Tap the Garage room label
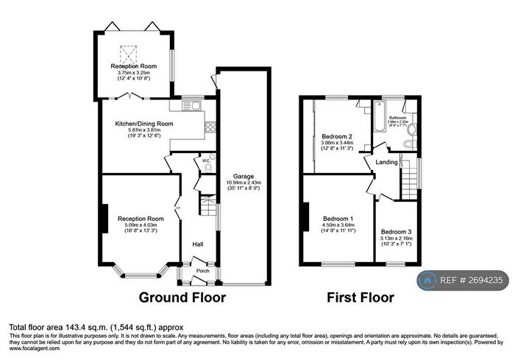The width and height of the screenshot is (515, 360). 244,177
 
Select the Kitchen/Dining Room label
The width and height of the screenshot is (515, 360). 138,124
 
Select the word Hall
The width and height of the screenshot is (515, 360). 198,244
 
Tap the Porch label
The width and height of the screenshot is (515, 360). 202,270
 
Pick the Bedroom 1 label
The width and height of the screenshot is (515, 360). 339,219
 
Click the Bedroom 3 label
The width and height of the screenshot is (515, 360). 396,231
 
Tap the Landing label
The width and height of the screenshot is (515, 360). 387,162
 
